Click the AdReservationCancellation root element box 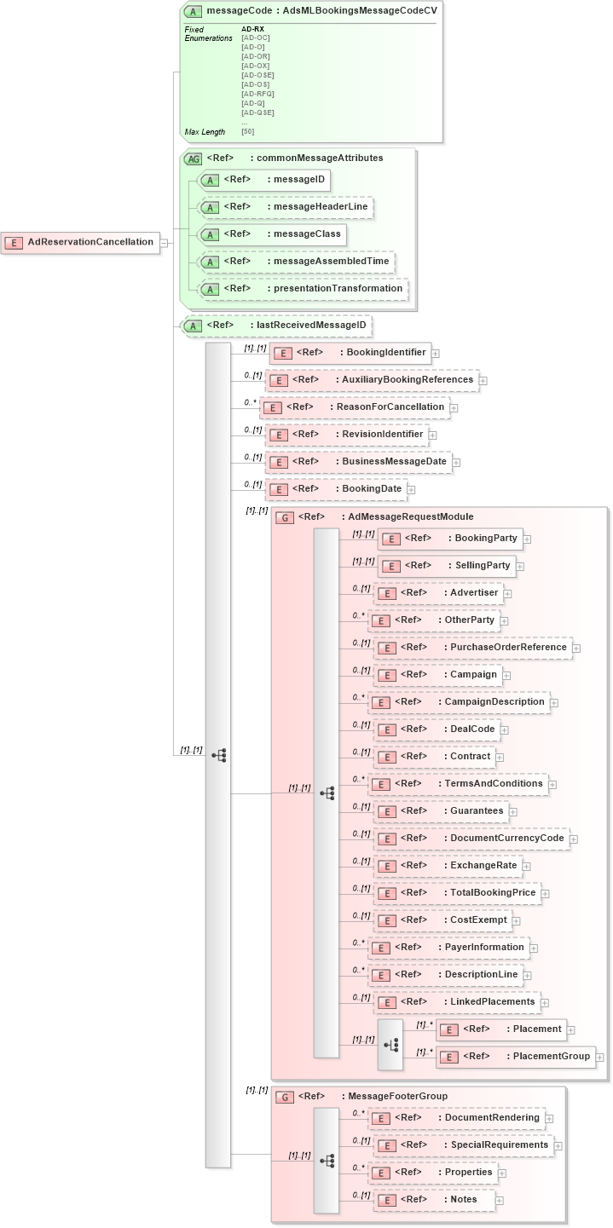80,242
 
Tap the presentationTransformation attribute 302,289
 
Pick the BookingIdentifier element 350,352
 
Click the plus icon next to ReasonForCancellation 454,408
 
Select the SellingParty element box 447,565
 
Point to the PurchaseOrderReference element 472,648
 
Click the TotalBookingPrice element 457,893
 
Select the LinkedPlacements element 457,1002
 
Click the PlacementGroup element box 515,1057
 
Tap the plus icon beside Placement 571,1030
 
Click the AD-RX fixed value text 252,29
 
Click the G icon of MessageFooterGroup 285,1097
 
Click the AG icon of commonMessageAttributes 194,159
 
